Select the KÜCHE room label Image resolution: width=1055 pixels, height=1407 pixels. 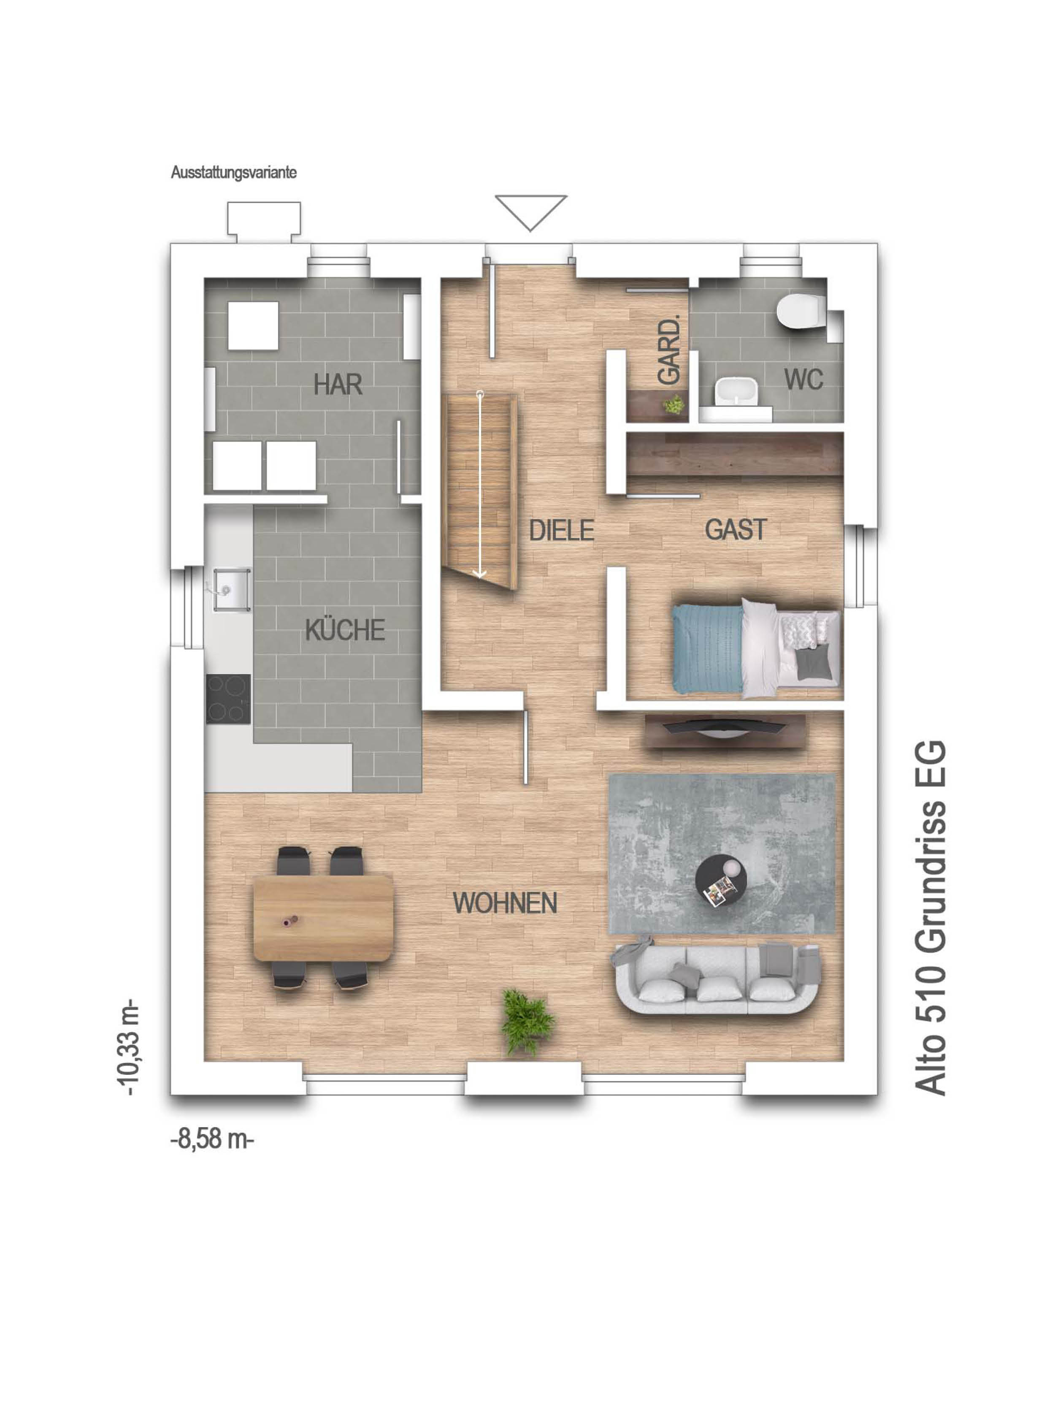click(x=345, y=630)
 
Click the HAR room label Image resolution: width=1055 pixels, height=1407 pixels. click(x=338, y=384)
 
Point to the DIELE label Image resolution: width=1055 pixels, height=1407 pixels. click(x=562, y=530)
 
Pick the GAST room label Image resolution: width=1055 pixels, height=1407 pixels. click(x=736, y=529)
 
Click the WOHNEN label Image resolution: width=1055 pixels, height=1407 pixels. click(x=505, y=903)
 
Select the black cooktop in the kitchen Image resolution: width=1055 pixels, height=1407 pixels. click(x=227, y=699)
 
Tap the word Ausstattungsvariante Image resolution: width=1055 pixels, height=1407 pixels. click(x=233, y=172)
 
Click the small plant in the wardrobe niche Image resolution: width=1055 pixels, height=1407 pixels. click(x=674, y=404)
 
